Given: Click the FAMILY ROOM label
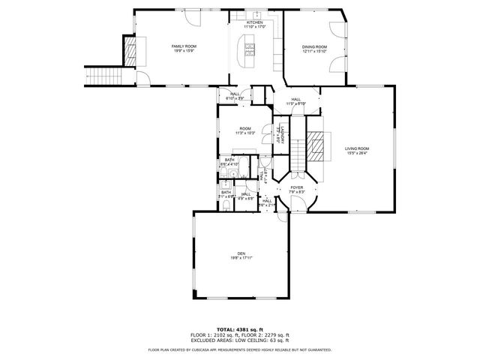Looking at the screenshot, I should coord(183,46).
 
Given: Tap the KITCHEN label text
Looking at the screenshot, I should coord(255,22).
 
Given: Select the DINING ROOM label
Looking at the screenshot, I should coord(314,46).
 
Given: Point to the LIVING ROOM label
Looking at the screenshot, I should coord(357,148).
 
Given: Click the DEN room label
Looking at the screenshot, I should coord(241,253).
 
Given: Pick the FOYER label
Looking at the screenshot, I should coord(297,187).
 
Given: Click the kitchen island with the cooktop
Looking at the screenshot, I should coord(248,52).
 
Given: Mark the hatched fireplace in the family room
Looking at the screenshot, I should coord(129,51).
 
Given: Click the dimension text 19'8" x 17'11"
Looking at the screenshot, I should coord(241,258).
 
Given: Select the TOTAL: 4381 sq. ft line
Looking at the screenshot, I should coord(240,328).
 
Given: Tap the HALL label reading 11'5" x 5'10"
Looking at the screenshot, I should coord(296,101).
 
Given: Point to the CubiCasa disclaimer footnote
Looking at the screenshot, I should coord(240,349).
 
